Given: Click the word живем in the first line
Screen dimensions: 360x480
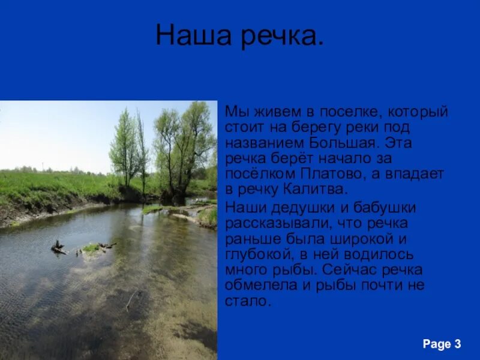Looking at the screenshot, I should pyautogui.click(x=268, y=112).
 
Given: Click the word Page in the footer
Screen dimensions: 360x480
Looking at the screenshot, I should pyautogui.click(x=436, y=344).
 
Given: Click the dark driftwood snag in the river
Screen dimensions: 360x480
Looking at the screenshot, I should pyautogui.click(x=59, y=247).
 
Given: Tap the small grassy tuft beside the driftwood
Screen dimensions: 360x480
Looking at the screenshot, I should pyautogui.click(x=91, y=247).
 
